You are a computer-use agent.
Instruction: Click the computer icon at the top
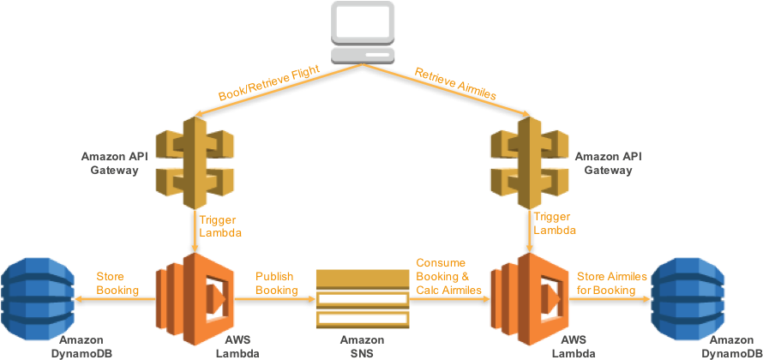(363, 32)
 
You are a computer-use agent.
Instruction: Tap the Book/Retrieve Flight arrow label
(269, 83)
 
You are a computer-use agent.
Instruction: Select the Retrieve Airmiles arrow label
(455, 84)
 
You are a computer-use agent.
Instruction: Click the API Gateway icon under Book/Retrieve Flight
(196, 163)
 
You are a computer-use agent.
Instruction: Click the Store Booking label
(117, 284)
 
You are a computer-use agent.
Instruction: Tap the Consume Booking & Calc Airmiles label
(448, 276)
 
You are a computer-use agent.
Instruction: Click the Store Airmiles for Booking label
(611, 284)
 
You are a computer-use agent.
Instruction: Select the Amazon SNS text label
(362, 347)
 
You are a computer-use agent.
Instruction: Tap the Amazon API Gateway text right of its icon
(609, 164)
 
